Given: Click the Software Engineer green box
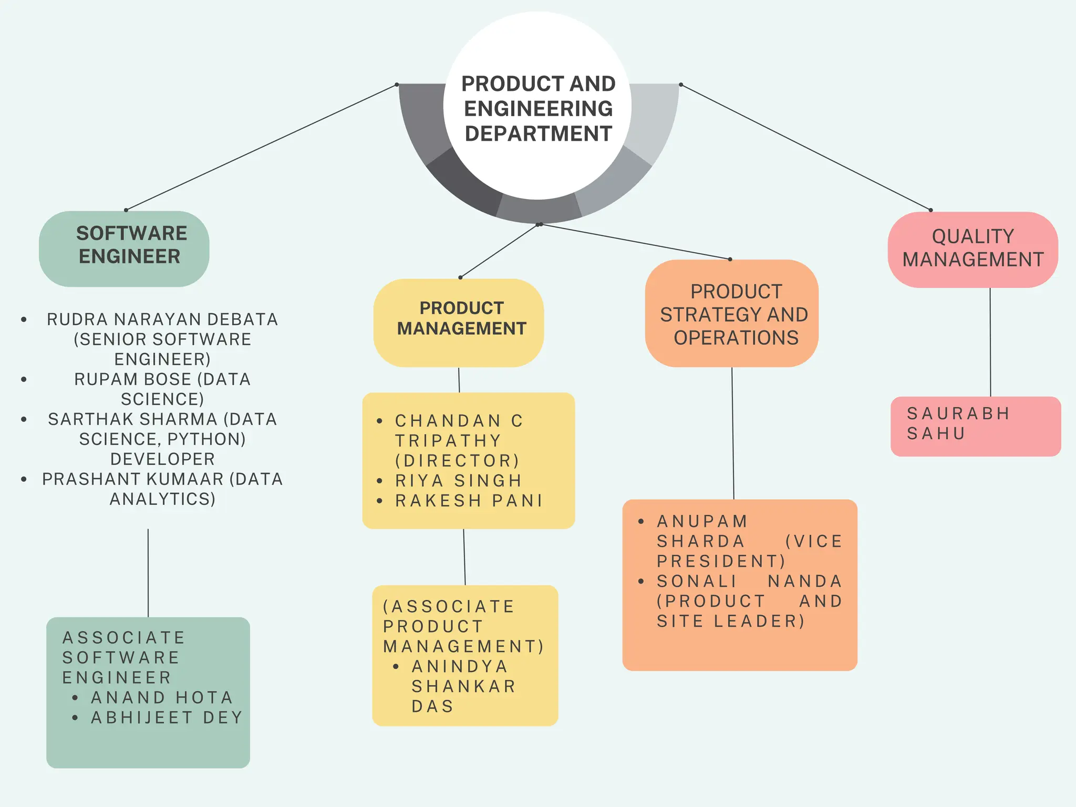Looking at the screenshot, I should (x=125, y=249).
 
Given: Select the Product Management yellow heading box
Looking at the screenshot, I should (x=459, y=322).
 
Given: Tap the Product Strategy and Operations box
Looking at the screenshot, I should (x=731, y=314).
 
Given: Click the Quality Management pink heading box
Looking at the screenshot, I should (x=972, y=249).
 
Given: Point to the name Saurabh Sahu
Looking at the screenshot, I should (x=957, y=423).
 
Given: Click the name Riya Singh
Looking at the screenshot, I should (x=458, y=481).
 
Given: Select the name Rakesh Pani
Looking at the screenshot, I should (x=469, y=501).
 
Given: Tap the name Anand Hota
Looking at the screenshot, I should (x=162, y=697).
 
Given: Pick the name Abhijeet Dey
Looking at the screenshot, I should (x=167, y=717).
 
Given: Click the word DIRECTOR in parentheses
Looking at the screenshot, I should (x=457, y=461).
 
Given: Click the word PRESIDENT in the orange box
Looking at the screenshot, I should (x=720, y=561).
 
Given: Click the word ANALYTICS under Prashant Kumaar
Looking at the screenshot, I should (x=162, y=499).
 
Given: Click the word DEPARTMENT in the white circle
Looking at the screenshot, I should (x=538, y=133).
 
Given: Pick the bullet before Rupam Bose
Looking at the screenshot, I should (x=24, y=379).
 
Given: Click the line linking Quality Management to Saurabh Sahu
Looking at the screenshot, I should (x=990, y=342).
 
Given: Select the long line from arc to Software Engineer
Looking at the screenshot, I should (x=261, y=148).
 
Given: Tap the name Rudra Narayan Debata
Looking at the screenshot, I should (x=162, y=319).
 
